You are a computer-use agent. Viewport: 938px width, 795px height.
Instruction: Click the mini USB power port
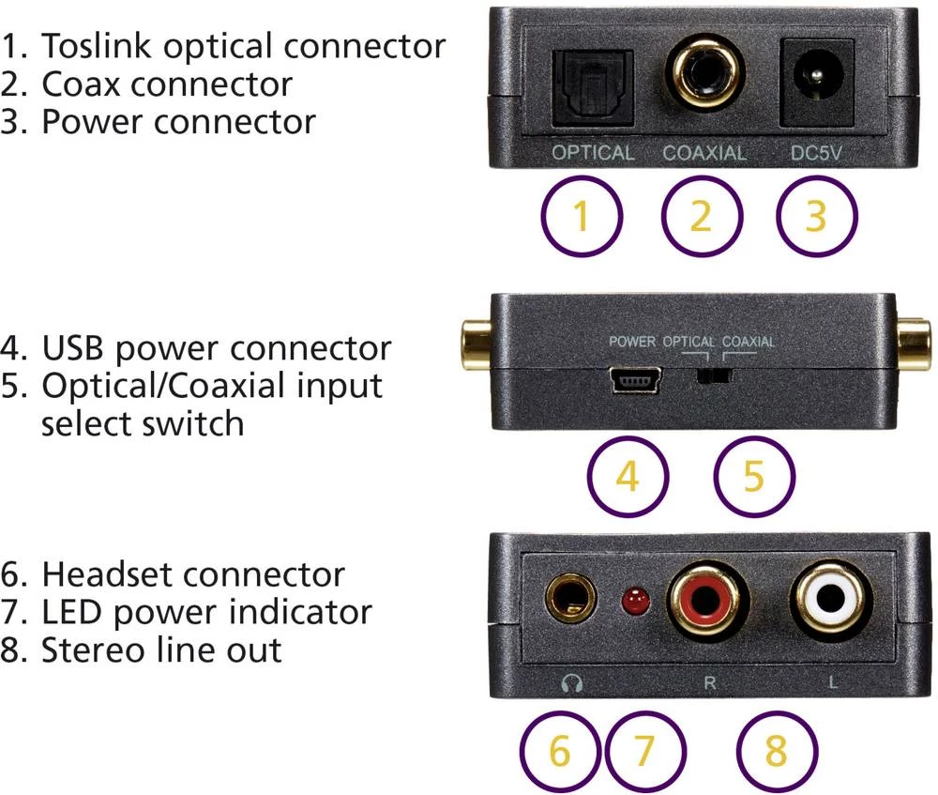637,381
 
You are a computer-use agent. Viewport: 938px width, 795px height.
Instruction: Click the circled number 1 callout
582,217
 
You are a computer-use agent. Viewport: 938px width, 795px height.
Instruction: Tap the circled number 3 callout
817,217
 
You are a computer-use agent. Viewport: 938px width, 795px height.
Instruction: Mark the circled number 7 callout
644,752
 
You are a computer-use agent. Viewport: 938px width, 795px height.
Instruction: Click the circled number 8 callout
777,752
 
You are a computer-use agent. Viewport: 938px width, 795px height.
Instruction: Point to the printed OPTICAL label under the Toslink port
593,153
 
